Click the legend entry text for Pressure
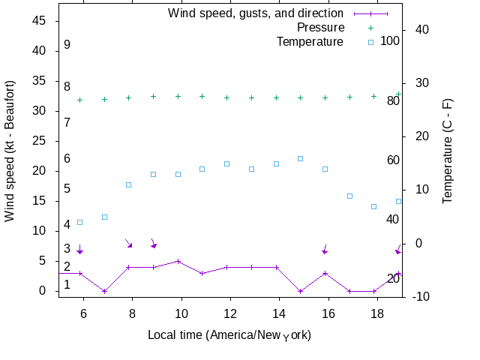(x=320, y=27)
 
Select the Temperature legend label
(x=310, y=41)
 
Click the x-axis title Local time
(x=229, y=334)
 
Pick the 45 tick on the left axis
(x=39, y=21)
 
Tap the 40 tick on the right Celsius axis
(x=421, y=29)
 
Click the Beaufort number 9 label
(x=67, y=45)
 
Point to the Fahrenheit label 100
(x=390, y=40)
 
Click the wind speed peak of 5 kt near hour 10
(x=178, y=261)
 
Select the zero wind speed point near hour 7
(x=104, y=291)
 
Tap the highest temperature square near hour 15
(x=300, y=158)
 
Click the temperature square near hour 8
(x=128, y=184)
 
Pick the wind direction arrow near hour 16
(x=325, y=250)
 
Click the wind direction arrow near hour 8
(x=128, y=243)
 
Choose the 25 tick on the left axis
(x=39, y=141)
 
